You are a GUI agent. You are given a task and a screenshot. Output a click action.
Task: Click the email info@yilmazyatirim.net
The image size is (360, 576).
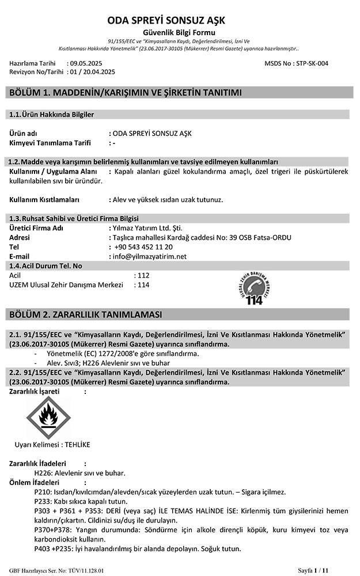pos(150,256)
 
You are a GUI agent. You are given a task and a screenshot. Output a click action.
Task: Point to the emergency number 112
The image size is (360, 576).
pos(143,275)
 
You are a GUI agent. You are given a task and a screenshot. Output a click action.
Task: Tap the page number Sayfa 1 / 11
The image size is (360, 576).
pos(313,570)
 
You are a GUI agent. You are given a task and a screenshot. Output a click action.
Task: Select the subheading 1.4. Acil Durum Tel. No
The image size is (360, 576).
pos(47,266)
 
